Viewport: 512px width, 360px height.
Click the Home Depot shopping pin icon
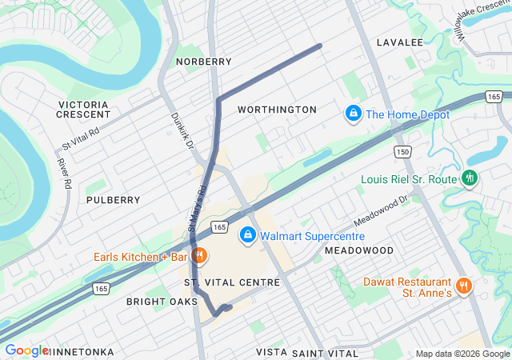tap(352, 114)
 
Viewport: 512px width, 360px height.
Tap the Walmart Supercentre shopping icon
tap(248, 236)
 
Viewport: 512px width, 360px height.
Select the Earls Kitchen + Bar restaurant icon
tap(199, 257)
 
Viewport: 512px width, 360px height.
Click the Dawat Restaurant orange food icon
tap(463, 286)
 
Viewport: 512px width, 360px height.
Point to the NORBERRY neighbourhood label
tap(203, 62)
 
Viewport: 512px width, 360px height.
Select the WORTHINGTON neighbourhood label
tap(277, 110)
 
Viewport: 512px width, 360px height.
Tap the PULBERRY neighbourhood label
tap(113, 200)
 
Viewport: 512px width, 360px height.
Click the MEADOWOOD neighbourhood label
tap(359, 250)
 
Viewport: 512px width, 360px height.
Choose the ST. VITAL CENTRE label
tap(232, 282)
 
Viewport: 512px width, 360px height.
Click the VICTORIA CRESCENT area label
tap(83, 110)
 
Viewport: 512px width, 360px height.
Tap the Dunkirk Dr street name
tap(182, 130)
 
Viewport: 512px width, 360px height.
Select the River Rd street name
tap(64, 173)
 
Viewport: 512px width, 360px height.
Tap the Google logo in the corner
tap(26, 350)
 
